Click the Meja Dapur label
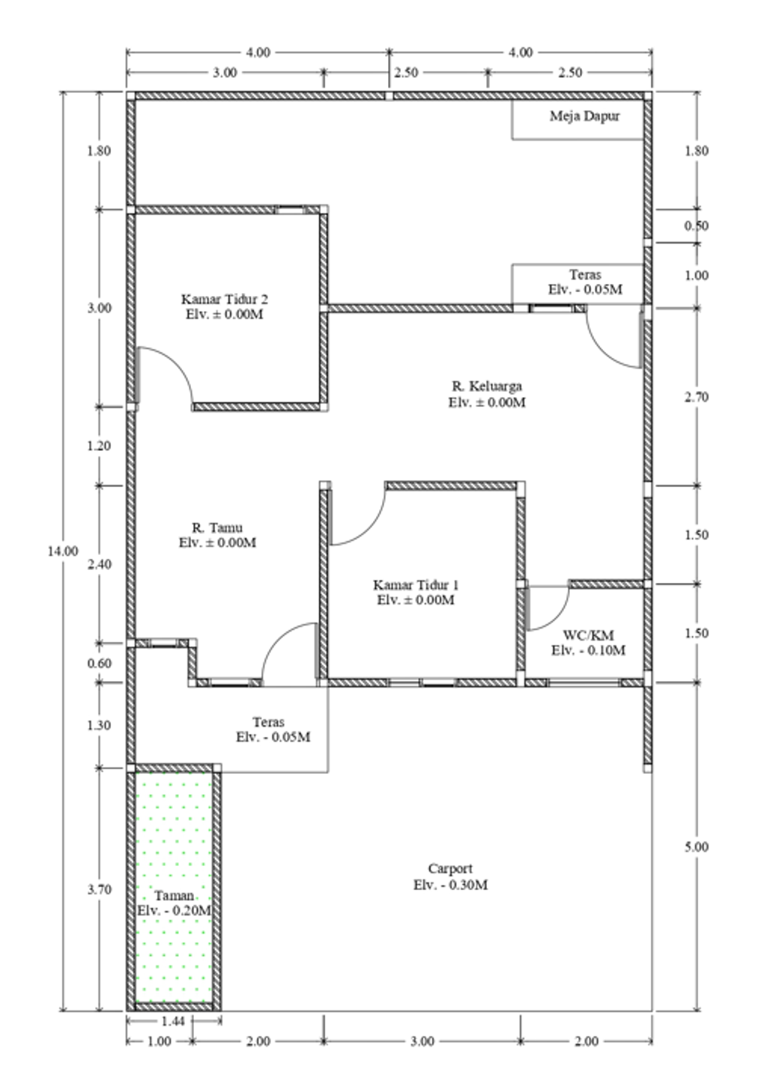tap(584, 116)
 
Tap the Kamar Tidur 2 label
tap(225, 299)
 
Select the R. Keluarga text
tap(487, 386)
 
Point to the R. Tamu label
tap(217, 527)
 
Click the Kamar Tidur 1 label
tap(416, 584)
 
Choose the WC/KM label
tap(589, 635)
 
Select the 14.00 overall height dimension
tap(63, 551)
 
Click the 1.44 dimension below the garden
tap(173, 1021)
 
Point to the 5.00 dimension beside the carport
tap(697, 847)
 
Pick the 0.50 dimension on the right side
tap(697, 225)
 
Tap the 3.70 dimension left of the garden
tap(99, 889)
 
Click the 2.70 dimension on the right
tap(697, 397)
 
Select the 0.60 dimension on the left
tap(99, 663)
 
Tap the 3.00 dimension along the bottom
tap(422, 1041)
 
